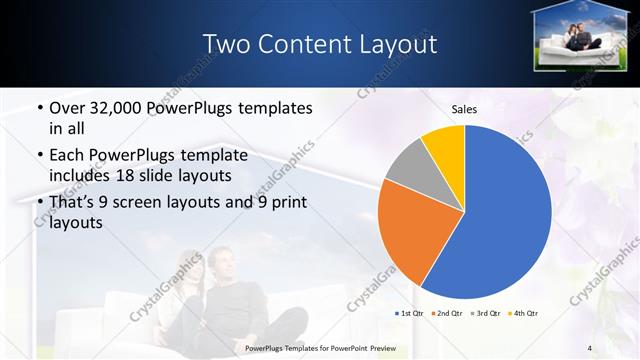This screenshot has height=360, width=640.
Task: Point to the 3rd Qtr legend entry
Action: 487,313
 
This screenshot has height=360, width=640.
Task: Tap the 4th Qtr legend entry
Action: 525,313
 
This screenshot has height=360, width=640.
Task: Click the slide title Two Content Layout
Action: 319,44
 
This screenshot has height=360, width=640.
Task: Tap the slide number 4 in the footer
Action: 590,347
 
